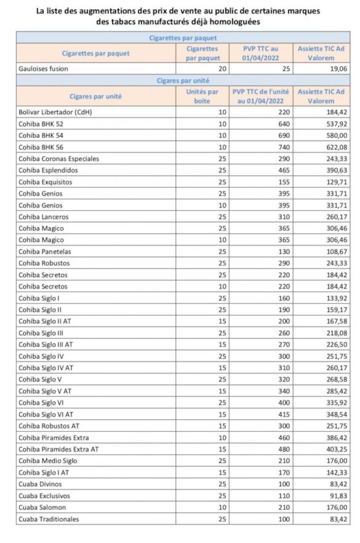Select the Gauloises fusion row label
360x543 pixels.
43,68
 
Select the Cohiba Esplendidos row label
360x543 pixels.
48,171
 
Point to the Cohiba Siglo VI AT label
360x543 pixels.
46,414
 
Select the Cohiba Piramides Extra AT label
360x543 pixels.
59,449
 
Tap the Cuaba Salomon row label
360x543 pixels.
42,507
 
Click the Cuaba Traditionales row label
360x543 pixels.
49,519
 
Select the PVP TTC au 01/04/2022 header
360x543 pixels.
261,53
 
